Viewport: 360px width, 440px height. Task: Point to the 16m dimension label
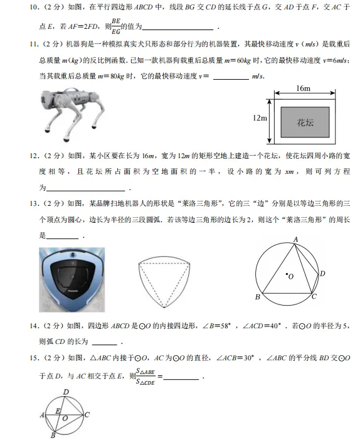pos(303,89)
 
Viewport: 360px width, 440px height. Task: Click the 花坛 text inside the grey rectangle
pos(305,122)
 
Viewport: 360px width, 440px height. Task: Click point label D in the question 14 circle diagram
pos(322,274)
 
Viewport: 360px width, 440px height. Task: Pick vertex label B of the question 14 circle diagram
pos(258,297)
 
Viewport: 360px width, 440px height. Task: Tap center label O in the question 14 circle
pos(290,276)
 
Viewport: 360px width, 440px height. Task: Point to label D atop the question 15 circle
pos(66,392)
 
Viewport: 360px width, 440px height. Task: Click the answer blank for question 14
pos(104,343)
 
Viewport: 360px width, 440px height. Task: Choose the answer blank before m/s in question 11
pos(231,77)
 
